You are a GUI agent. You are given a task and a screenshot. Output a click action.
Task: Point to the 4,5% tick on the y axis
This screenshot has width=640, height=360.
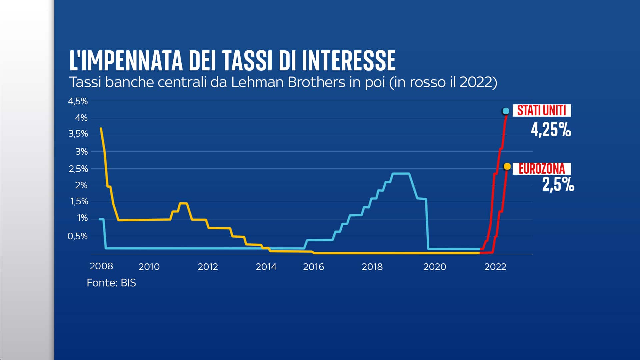click(78, 101)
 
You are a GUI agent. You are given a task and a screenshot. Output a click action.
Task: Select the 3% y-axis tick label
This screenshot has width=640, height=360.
click(81, 151)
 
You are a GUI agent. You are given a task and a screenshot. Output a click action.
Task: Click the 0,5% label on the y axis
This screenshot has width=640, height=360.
click(77, 236)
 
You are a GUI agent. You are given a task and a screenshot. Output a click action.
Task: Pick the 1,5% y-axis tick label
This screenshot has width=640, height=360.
click(79, 201)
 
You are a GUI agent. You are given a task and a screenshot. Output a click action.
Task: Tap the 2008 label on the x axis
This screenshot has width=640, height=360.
click(101, 266)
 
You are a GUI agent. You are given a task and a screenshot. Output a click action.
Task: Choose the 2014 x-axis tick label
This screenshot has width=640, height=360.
click(266, 267)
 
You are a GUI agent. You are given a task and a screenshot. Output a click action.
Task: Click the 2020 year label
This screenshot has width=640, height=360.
click(434, 267)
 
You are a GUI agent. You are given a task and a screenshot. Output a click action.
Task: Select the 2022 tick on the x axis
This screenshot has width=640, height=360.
click(495, 267)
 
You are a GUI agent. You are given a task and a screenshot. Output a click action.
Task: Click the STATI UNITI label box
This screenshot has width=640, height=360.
click(541, 110)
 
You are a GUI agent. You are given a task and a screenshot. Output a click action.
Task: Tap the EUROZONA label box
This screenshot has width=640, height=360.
click(541, 169)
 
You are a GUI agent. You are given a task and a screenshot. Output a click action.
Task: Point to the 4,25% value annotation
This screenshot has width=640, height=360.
click(551, 130)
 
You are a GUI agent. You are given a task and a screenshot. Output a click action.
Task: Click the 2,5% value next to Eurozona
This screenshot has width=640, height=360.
click(558, 184)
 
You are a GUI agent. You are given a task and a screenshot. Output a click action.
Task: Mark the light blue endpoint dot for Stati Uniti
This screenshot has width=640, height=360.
click(506, 111)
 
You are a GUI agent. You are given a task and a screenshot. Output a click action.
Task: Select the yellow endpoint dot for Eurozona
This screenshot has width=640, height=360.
click(507, 166)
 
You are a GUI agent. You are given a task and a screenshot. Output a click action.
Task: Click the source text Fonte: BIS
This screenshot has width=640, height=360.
click(111, 283)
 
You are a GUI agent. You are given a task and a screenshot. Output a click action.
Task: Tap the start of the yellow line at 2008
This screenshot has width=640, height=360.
click(101, 128)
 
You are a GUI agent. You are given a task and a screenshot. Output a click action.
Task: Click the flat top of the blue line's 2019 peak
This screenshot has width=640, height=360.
click(401, 174)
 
